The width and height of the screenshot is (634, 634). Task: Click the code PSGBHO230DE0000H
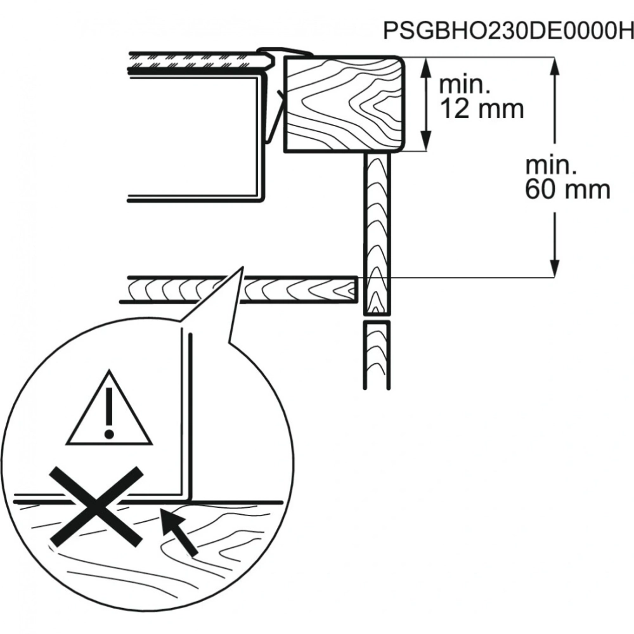[x=508, y=30]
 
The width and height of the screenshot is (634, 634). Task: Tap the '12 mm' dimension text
[x=481, y=109]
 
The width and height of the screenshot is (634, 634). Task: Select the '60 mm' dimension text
[x=567, y=189]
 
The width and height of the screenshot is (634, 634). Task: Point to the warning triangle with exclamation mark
[x=109, y=408]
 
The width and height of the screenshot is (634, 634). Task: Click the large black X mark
[x=96, y=505]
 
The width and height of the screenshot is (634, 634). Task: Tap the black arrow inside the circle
[x=178, y=531]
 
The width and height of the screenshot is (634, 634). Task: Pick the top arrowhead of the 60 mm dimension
[x=555, y=67]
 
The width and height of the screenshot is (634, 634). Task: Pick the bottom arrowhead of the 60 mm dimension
[x=555, y=268]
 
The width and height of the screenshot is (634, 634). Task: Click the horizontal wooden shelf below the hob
[x=238, y=290]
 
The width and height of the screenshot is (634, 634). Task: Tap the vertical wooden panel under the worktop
[x=377, y=234]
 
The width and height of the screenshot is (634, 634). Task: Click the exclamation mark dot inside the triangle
[x=109, y=434]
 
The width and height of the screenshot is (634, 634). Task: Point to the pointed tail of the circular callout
[x=243, y=267]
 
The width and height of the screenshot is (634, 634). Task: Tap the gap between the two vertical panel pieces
[x=377, y=318]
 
